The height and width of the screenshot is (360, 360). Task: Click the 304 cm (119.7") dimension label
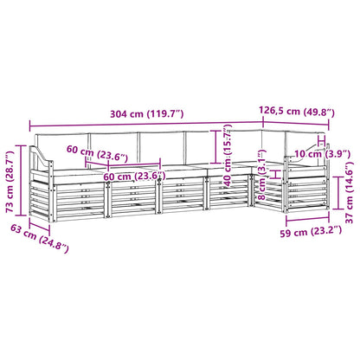(x=147, y=114)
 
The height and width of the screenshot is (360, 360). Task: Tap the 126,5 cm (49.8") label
(x=297, y=112)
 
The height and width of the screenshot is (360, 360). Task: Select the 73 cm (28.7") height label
(x=10, y=182)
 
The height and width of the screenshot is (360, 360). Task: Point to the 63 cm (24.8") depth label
(x=40, y=238)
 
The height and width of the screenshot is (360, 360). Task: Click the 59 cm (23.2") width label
(x=311, y=232)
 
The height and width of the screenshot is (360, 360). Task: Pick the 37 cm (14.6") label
(x=350, y=193)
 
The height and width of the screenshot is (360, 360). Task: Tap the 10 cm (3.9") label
(x=322, y=154)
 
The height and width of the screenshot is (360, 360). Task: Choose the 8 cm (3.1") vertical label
(x=261, y=175)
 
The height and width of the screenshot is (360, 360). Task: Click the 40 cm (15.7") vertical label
(x=228, y=156)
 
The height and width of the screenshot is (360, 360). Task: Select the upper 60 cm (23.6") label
(x=97, y=153)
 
